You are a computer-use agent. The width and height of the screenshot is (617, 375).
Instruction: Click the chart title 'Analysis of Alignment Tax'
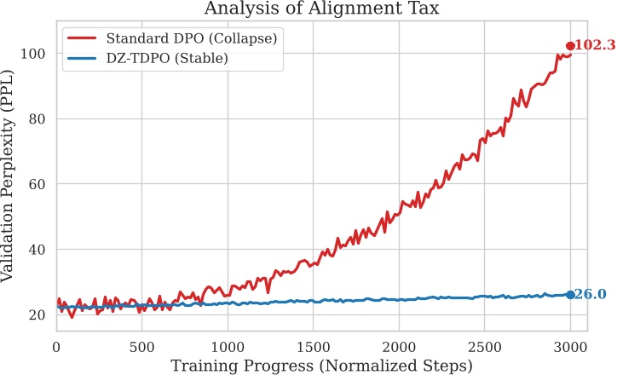[327, 9]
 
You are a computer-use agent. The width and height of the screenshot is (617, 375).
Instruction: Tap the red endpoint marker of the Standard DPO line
[570, 46]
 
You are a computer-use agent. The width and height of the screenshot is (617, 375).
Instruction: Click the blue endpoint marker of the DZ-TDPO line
[570, 295]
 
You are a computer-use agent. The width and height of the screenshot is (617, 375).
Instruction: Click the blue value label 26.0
[591, 295]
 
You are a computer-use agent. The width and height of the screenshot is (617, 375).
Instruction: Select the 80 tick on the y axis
[38, 119]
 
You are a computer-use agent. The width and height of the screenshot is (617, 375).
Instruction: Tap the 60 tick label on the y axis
[38, 184]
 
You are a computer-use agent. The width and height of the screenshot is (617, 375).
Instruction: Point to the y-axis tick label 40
[38, 250]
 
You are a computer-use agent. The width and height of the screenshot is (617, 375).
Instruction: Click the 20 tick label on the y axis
[38, 314]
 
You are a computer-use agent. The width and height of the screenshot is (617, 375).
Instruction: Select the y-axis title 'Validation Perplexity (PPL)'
[12, 174]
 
